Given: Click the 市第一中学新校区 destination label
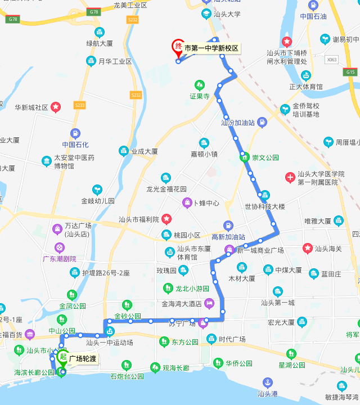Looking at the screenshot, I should (x=212, y=48).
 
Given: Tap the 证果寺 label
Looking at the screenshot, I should (x=199, y=96).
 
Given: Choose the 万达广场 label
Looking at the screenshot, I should (x=78, y=226).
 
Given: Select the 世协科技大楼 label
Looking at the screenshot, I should (x=265, y=206).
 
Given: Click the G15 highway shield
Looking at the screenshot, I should (x=351, y=72).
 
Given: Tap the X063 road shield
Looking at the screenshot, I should (x=332, y=60).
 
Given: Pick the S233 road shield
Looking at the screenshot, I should (x=80, y=105).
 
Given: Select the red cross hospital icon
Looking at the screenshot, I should (x=290, y=178).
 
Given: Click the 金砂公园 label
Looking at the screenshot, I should (x=128, y=316).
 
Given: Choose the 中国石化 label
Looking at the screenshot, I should (x=75, y=144).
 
